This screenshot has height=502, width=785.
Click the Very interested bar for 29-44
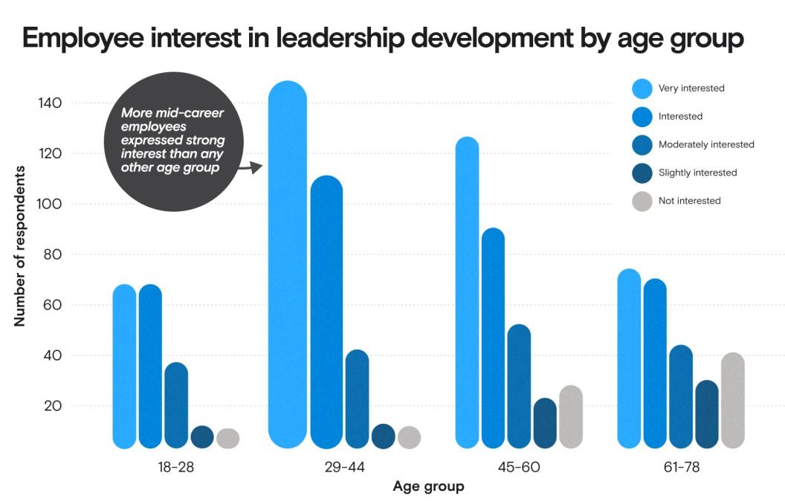(x=287, y=265)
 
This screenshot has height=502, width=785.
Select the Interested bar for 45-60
(x=493, y=338)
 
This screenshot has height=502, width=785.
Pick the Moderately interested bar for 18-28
(x=176, y=405)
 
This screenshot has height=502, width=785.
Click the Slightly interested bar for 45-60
(x=545, y=423)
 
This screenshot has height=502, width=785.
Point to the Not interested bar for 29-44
(x=409, y=437)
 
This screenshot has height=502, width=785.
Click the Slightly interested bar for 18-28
(x=202, y=437)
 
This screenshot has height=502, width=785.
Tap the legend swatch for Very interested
(x=642, y=89)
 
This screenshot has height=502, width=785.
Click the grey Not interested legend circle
(x=642, y=201)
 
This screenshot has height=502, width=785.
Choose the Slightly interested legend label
(x=697, y=173)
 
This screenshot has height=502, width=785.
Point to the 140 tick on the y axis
(x=50, y=103)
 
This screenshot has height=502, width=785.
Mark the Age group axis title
(x=428, y=487)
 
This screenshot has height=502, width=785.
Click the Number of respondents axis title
(x=20, y=246)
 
